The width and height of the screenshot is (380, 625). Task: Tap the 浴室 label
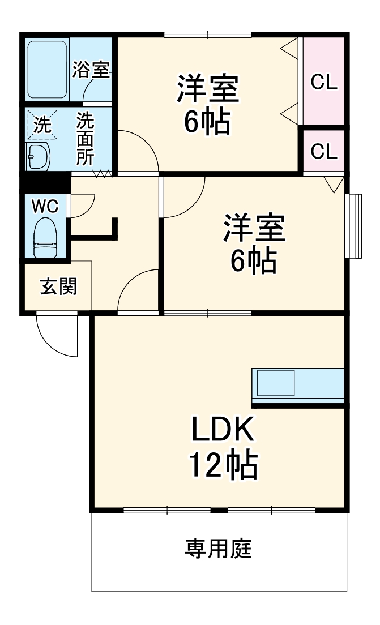91,70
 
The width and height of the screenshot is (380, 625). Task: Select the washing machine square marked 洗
41,125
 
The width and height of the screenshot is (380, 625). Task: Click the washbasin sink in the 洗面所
39,156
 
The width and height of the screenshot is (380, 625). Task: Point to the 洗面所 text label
86,139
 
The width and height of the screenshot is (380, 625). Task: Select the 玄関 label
57,287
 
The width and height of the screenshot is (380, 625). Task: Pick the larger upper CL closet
325,82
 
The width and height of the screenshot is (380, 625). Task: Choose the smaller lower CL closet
325,151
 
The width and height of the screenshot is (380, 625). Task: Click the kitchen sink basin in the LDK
276,383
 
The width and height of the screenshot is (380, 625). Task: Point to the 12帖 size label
223,465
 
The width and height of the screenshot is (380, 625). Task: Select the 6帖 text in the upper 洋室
207,120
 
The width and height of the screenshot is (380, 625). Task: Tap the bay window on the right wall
355,226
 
